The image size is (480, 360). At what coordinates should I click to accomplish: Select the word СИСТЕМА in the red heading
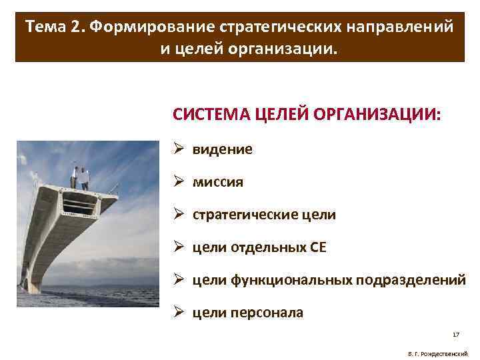[207, 113]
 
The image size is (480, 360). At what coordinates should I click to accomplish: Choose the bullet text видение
[223, 149]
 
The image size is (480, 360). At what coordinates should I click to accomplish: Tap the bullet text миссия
[218, 182]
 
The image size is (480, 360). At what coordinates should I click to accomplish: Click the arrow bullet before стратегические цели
[179, 215]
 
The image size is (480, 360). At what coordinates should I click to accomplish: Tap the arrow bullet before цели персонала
[179, 313]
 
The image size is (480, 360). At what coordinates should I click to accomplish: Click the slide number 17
[456, 334]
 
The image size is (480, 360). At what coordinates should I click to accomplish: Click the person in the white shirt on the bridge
[85, 177]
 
